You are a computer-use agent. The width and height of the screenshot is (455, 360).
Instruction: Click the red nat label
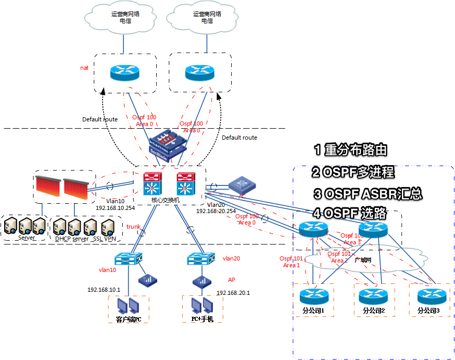click(x=84, y=68)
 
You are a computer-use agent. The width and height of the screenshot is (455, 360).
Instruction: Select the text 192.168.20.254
click(x=216, y=210)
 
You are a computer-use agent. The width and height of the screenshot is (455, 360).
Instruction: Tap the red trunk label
click(x=133, y=226)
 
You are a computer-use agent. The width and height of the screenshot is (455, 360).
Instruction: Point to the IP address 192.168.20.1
click(x=233, y=293)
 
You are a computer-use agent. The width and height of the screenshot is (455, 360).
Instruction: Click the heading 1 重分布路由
click(x=351, y=150)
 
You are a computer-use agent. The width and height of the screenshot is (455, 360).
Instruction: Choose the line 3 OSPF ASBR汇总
click(x=367, y=194)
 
